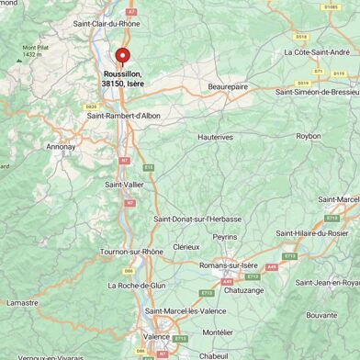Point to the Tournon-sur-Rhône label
coord(131,252)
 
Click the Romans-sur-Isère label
coord(229,265)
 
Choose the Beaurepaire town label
coord(228,85)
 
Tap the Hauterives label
coord(217,137)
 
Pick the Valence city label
coord(156,337)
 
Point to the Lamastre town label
coord(23,302)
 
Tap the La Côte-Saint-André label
coord(322,52)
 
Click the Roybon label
coord(309,136)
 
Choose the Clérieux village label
coord(186,247)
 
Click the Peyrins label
coord(224,237)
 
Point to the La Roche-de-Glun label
coord(137,286)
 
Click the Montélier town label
coord(218,332)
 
